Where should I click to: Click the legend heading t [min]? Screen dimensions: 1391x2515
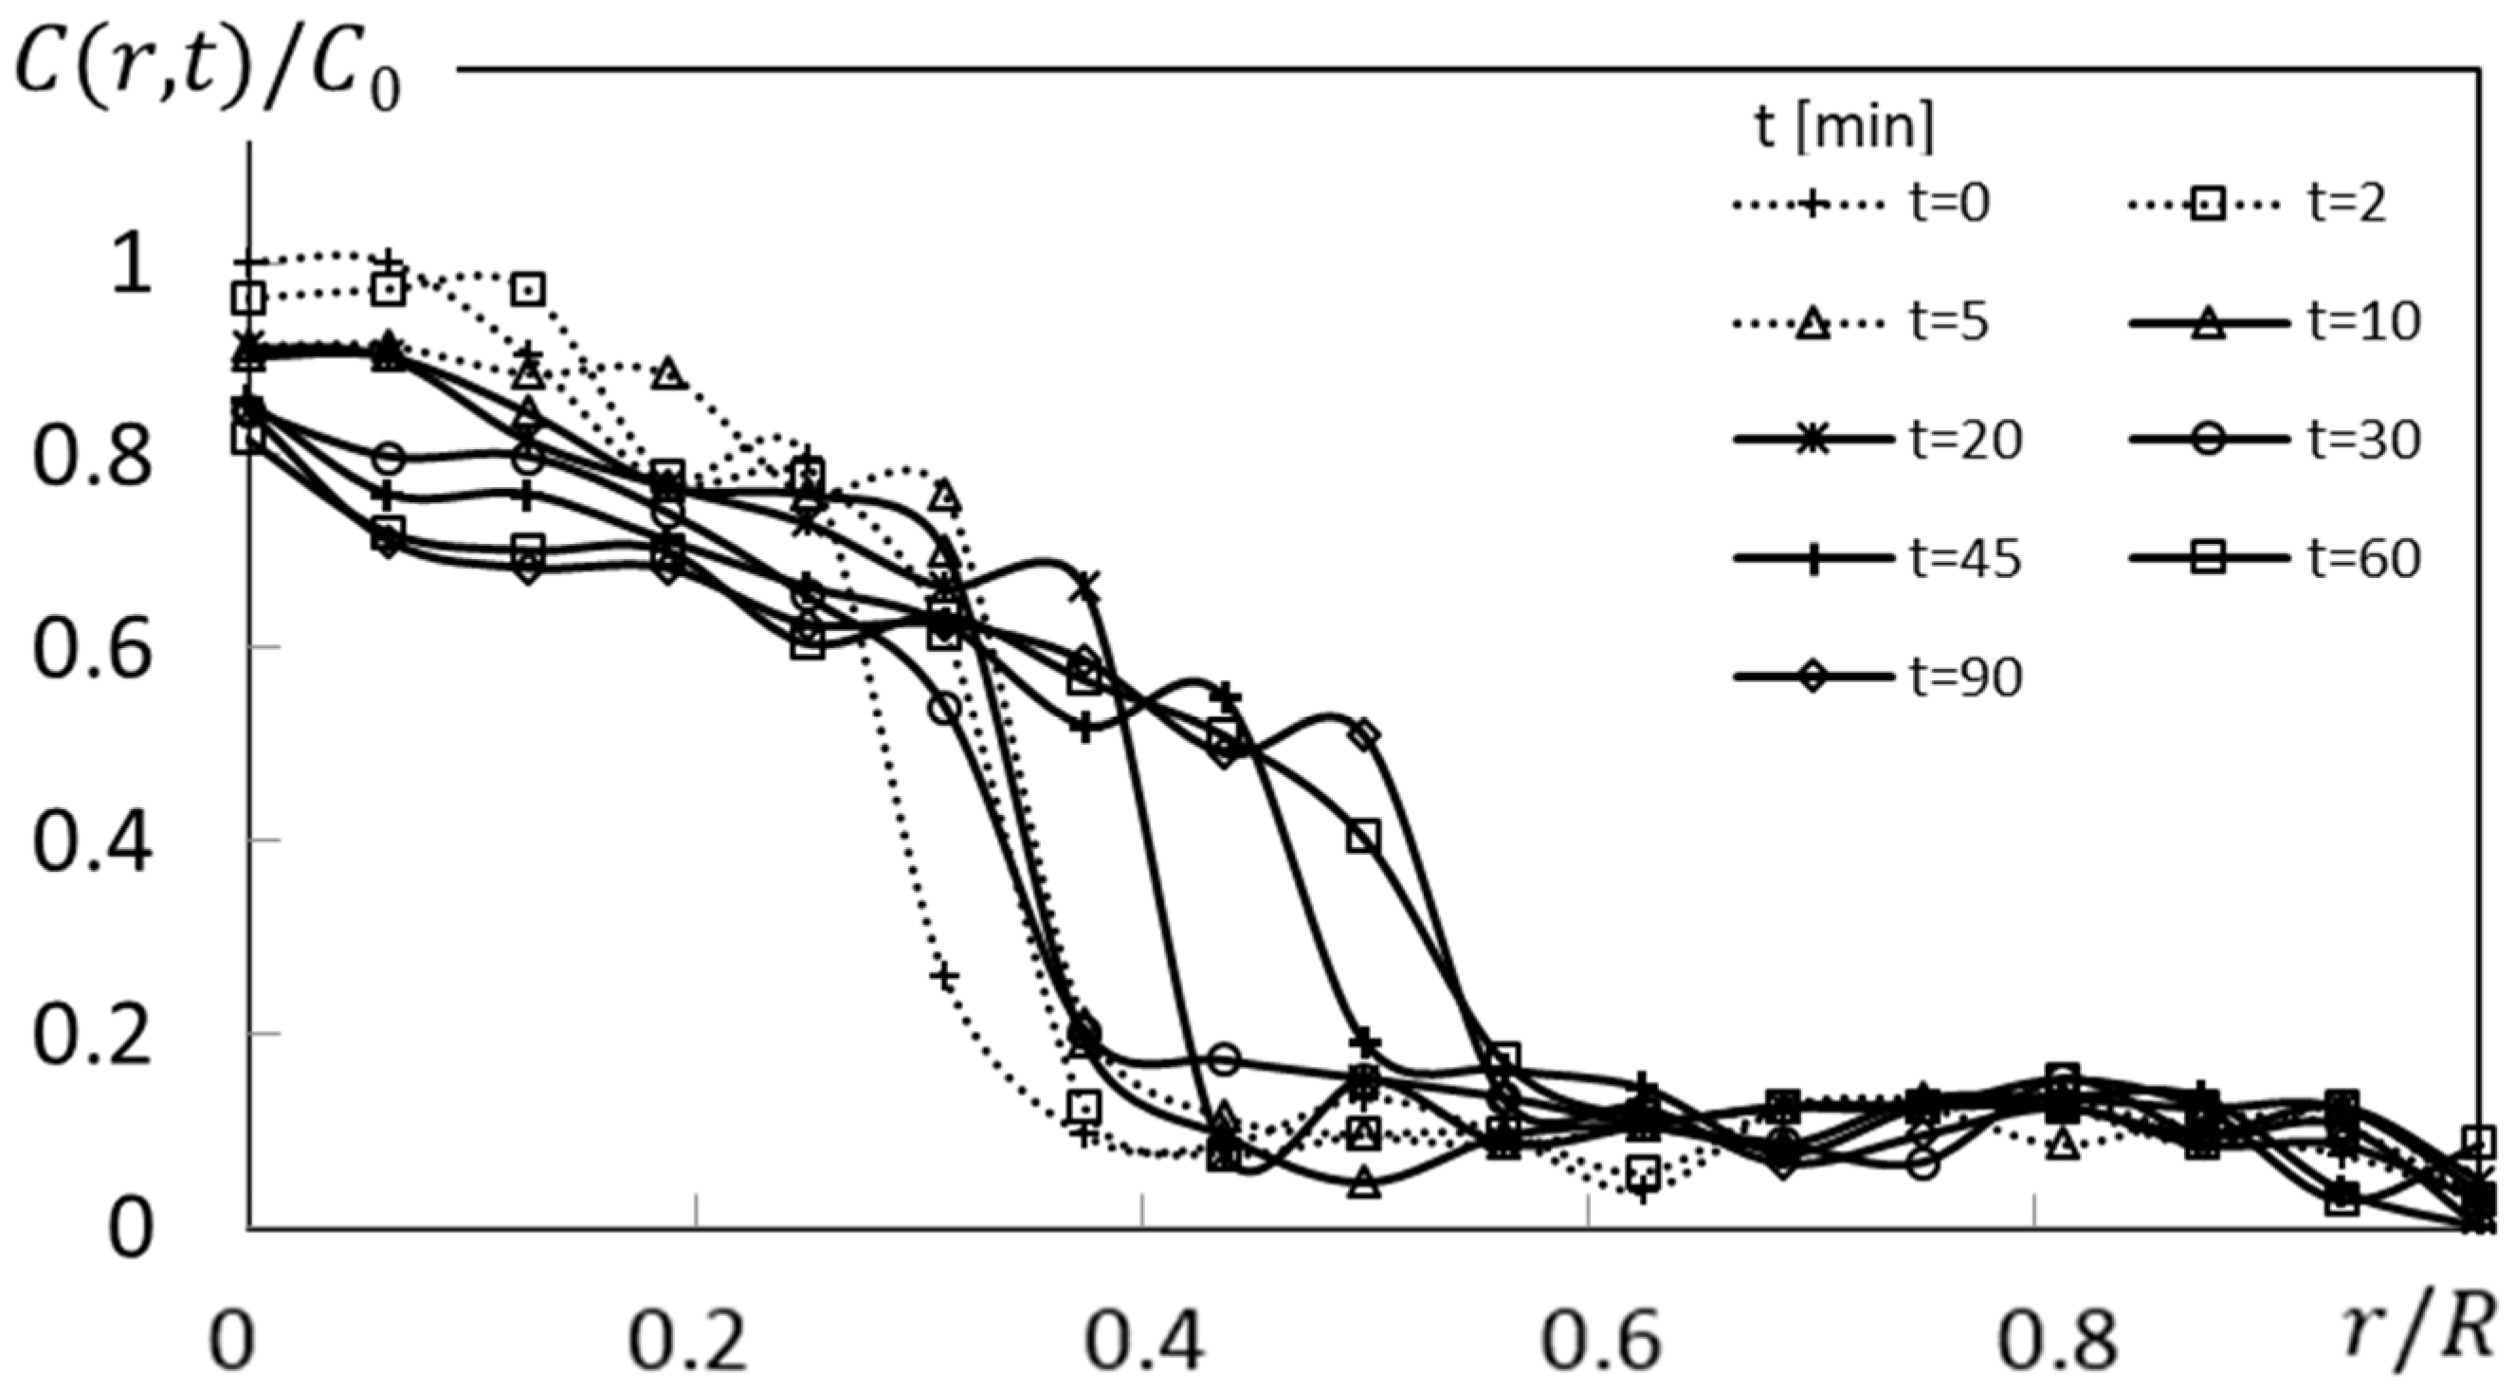(1843, 127)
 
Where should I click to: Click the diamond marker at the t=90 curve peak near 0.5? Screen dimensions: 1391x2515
(1366, 733)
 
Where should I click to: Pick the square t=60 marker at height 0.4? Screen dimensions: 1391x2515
(1364, 837)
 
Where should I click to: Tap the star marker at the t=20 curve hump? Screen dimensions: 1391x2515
(1085, 587)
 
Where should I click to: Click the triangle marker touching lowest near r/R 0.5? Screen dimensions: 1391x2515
(1366, 1185)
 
